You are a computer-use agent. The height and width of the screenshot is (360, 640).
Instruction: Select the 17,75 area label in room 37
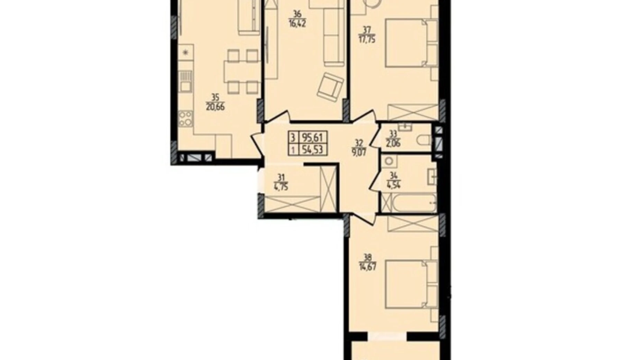366,39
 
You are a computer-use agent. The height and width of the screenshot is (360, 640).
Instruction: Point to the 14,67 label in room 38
367,267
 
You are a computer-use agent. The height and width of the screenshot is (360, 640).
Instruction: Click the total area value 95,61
312,138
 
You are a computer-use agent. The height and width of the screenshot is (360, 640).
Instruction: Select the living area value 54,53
312,150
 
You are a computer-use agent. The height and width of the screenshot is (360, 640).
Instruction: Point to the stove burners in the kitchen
186,118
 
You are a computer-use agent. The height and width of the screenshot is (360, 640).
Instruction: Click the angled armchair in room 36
330,87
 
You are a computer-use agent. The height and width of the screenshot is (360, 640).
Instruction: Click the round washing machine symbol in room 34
390,161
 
